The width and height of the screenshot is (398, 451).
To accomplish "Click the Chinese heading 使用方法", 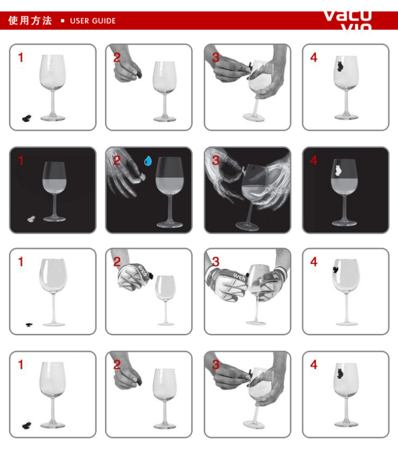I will pos(30,20).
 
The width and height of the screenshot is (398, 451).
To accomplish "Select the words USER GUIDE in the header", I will pos(93,21).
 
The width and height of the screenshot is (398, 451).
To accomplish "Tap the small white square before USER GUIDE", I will pos(63,21).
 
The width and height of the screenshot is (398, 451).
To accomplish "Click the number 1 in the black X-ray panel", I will pos(21,160).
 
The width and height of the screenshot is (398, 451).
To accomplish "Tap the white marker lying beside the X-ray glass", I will pos(32,219).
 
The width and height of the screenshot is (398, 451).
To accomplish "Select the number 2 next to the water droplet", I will pos(117,160).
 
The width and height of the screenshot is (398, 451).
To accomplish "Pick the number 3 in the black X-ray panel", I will pos(216,160).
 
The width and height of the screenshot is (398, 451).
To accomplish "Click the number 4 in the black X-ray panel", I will pos(314,160).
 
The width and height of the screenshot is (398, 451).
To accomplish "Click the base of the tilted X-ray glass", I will pos(247,225).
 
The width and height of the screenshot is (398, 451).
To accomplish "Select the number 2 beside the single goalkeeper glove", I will pos(117,262).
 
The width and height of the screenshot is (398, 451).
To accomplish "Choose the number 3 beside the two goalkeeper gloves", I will pos(216,262).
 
